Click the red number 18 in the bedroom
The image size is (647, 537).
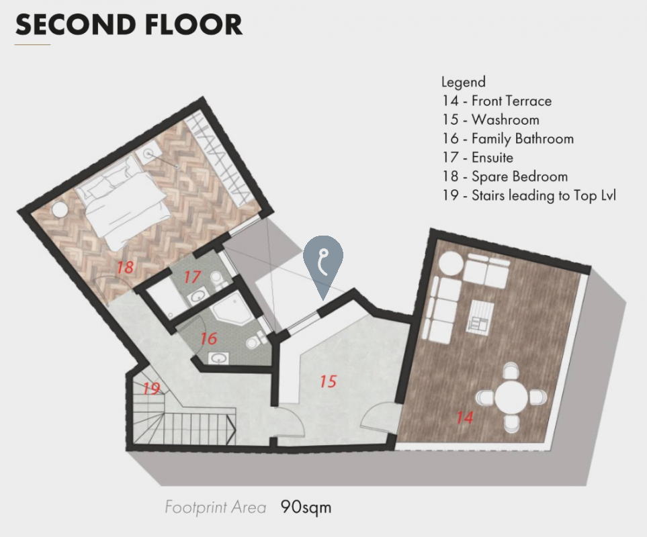(125, 267)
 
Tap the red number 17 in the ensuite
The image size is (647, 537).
(192, 277)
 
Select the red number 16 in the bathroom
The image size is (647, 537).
(208, 339)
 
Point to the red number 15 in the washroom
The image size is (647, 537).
(329, 382)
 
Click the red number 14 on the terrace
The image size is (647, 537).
(465, 418)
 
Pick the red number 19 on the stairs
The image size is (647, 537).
(151, 388)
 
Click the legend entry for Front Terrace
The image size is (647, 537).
(497, 101)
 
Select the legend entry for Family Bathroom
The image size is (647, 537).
(508, 139)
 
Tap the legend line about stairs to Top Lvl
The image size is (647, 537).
(529, 195)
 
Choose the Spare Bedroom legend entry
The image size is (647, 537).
(505, 177)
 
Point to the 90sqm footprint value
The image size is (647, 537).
(306, 507)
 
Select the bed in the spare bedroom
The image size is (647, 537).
(124, 205)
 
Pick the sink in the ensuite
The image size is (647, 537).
(198, 296)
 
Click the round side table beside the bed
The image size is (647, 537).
(60, 209)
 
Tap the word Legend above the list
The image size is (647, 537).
(464, 83)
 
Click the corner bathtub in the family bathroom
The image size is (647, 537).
(231, 308)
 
